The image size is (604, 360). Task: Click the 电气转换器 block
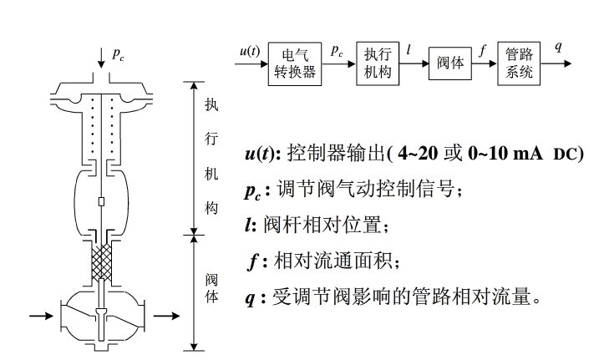[297, 64]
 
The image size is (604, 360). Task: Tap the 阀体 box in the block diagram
[451, 64]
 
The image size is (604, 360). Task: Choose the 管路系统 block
[519, 63]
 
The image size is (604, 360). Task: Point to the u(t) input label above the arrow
[249, 51]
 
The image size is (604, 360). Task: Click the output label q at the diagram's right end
[558, 47]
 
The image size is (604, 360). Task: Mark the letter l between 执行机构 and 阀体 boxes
[409, 50]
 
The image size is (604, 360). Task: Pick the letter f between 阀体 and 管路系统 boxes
[483, 50]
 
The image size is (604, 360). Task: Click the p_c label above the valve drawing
[119, 53]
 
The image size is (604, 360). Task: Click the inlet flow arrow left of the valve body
[41, 316]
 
